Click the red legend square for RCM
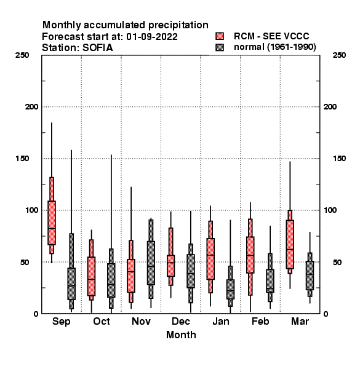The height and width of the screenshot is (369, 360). click(x=220, y=36)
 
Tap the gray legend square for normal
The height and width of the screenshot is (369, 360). click(x=220, y=47)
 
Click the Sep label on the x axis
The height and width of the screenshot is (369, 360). click(x=61, y=322)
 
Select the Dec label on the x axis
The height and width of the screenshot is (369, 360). click(x=180, y=321)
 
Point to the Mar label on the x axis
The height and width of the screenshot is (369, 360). click(x=300, y=321)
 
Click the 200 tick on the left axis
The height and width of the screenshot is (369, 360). click(x=31, y=107)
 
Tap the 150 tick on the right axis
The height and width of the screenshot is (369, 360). click(x=339, y=159)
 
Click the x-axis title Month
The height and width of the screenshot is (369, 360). click(x=181, y=335)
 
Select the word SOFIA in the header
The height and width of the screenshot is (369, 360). click(x=98, y=48)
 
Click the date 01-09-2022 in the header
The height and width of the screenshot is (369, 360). click(x=152, y=37)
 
